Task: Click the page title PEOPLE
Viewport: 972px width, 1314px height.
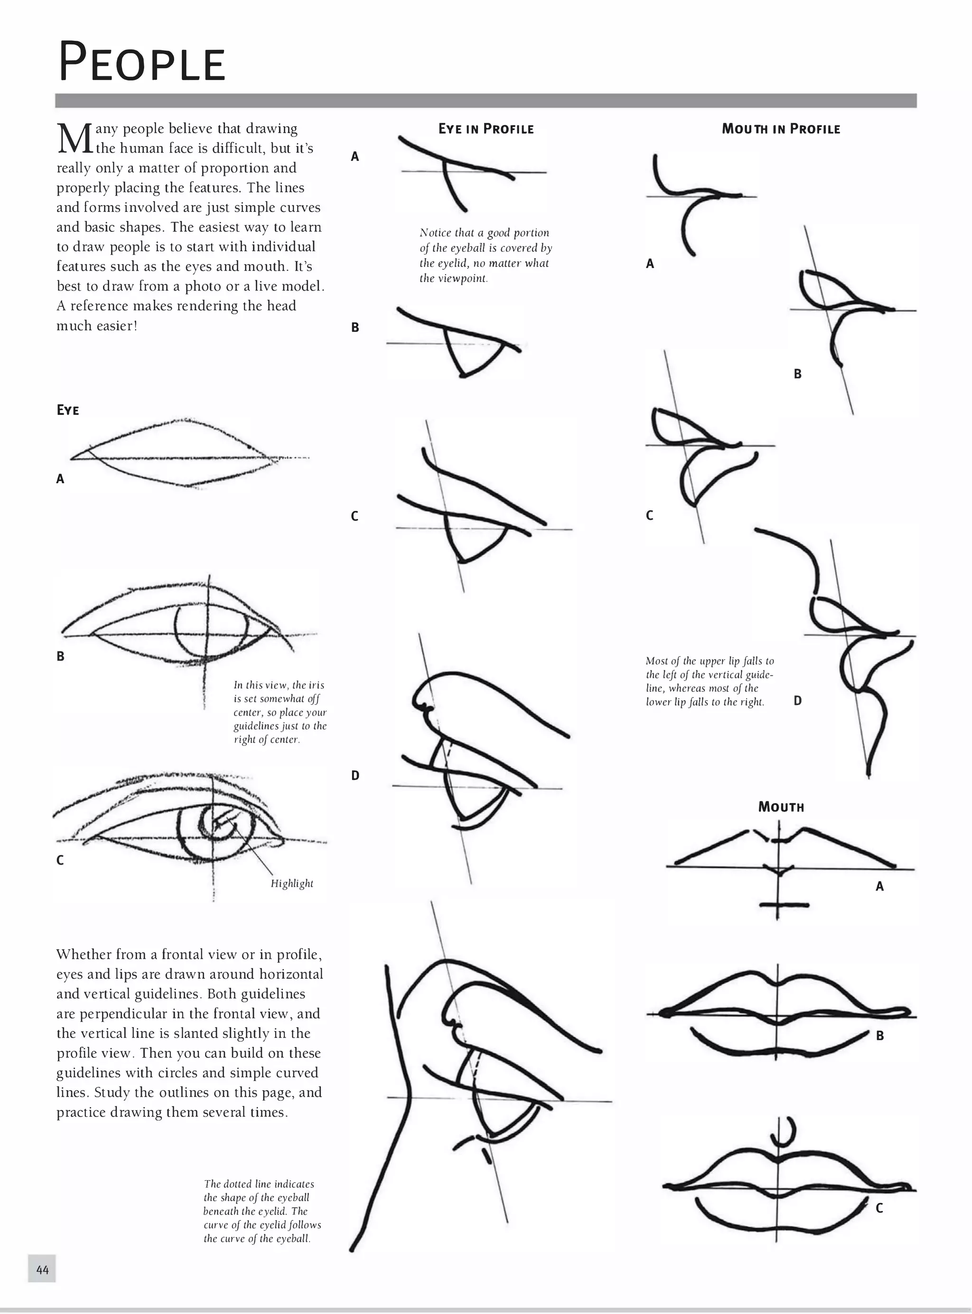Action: tap(142, 62)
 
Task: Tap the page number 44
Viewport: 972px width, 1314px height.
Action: tap(42, 1269)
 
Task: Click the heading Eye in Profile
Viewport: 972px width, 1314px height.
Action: tap(486, 129)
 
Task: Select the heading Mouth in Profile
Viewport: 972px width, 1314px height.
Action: tap(781, 129)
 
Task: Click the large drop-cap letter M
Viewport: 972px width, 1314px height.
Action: tap(74, 139)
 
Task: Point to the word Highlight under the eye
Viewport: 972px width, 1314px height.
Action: tap(292, 883)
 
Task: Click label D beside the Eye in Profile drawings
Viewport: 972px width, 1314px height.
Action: tap(355, 775)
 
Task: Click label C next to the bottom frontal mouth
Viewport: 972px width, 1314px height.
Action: tap(879, 1208)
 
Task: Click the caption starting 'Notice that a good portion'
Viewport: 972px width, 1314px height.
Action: tap(486, 255)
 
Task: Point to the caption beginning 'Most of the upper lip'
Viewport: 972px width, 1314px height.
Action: tap(709, 681)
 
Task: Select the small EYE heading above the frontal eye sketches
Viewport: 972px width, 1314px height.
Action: tap(68, 410)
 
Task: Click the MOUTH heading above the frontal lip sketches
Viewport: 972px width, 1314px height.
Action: tap(781, 807)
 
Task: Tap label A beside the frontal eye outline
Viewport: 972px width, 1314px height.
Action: tap(60, 478)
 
